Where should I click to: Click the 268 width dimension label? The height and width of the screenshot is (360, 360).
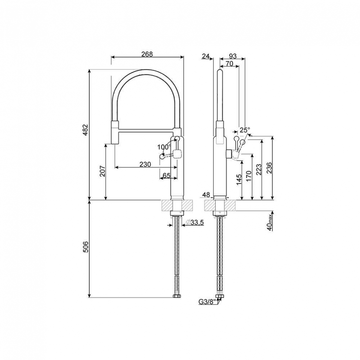coord(147,54)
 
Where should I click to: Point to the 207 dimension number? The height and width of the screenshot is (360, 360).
coord(102,171)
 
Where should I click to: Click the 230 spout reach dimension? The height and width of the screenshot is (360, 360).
coord(145,164)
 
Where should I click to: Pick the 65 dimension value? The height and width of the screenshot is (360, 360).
coord(166,176)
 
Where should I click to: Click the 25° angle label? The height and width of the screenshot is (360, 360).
coord(245,130)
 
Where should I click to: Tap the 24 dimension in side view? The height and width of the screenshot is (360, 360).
coord(206,56)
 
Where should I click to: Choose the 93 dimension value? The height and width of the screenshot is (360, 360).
coord(233,56)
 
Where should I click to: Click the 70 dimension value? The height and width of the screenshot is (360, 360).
coord(229,63)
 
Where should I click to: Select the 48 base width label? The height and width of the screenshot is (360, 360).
coord(206,195)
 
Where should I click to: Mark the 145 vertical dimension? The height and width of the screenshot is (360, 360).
coord(239,179)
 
